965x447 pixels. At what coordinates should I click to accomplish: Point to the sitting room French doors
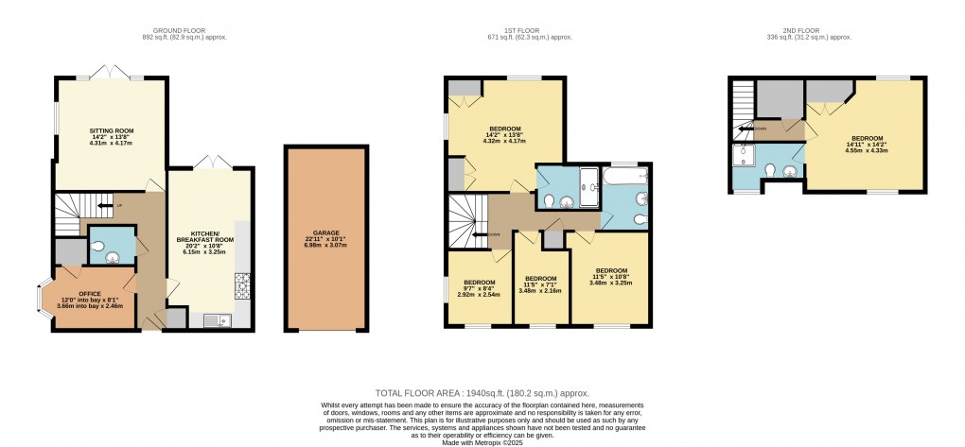112,74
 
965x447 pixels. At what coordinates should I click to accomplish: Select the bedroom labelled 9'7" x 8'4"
480,286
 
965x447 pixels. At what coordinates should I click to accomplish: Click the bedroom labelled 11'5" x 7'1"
539,284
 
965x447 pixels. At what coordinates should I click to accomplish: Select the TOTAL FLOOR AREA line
482,391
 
